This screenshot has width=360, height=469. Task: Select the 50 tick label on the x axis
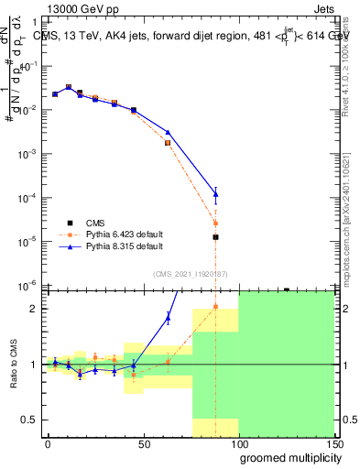[144, 444]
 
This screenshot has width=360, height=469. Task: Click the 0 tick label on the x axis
[48, 444]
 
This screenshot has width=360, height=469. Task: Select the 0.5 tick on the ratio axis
[32, 420]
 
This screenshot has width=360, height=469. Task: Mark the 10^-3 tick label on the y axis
[30, 154]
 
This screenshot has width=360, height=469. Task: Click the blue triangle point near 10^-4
[215, 193]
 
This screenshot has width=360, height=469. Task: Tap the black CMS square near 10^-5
[215, 236]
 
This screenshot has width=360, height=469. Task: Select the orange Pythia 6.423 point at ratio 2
[215, 307]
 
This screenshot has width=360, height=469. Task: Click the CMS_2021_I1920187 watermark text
[189, 273]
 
